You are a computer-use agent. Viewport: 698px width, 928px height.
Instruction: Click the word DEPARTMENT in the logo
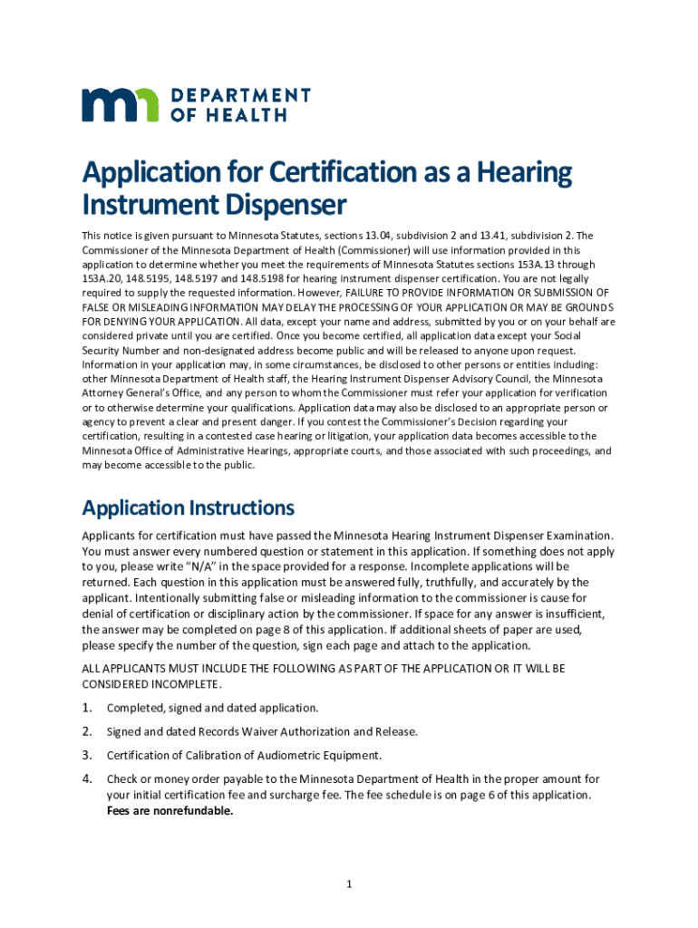click(x=240, y=96)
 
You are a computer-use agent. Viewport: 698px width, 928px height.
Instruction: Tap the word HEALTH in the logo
click(x=248, y=115)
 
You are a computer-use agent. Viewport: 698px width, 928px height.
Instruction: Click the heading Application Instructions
click(x=188, y=507)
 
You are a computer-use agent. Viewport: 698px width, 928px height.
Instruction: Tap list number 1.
click(x=87, y=708)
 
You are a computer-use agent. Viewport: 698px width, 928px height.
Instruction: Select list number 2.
click(x=87, y=731)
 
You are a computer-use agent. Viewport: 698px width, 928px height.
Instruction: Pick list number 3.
click(x=87, y=755)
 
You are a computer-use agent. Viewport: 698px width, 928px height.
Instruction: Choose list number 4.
click(x=87, y=778)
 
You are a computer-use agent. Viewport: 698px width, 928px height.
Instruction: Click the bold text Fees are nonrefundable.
click(x=170, y=811)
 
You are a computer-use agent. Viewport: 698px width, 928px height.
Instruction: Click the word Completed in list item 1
click(x=136, y=708)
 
